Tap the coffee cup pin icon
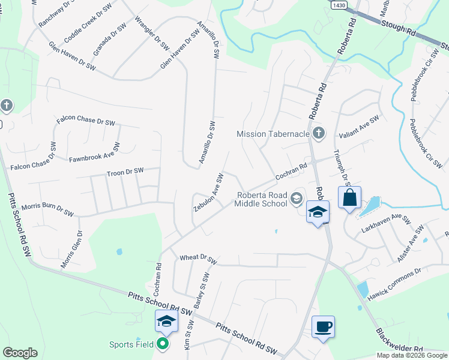click(x=323, y=327)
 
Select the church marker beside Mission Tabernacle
click(x=319, y=133)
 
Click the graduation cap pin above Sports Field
click(x=166, y=322)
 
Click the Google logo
click(x=20, y=353)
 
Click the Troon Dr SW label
click(x=125, y=172)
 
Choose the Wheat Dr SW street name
click(x=197, y=259)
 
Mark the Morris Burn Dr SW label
click(x=47, y=209)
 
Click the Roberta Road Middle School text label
click(x=261, y=199)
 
